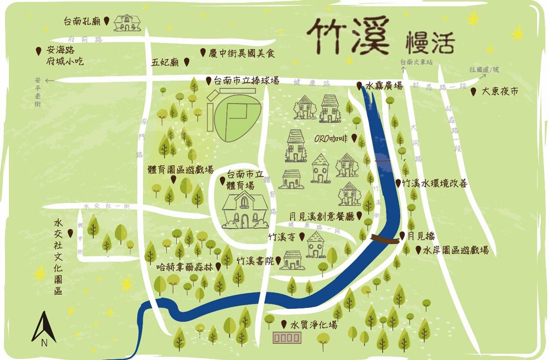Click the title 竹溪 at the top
click(x=349, y=35)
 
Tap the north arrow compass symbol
click(x=44, y=330)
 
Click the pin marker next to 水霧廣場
click(x=359, y=86)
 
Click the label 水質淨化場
click(x=314, y=325)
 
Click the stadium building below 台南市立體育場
click(x=245, y=212)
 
